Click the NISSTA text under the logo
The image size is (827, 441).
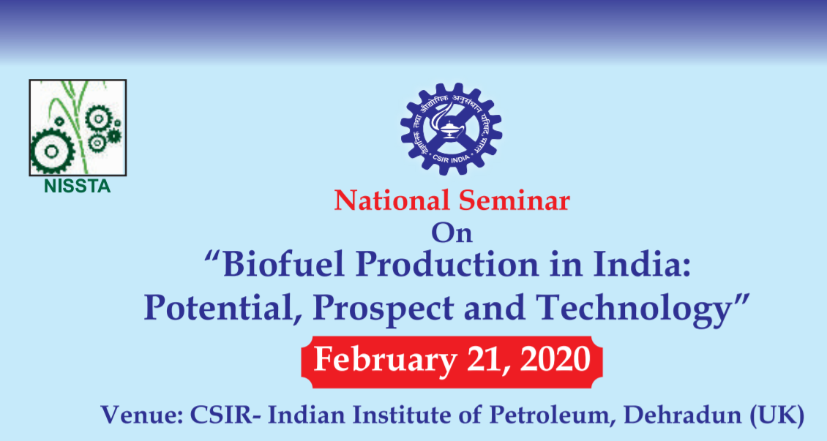[x=78, y=186]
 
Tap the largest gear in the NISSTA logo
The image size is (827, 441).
[x=52, y=151]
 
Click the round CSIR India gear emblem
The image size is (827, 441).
[x=451, y=129]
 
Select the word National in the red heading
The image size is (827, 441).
[x=392, y=200]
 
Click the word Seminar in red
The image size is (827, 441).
[x=514, y=200]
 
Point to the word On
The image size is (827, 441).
[x=452, y=233]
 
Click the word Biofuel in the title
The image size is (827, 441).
[x=277, y=265]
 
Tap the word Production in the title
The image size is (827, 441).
[x=446, y=265]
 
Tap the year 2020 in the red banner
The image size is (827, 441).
[x=555, y=361]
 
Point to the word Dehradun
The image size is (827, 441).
[x=684, y=415]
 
